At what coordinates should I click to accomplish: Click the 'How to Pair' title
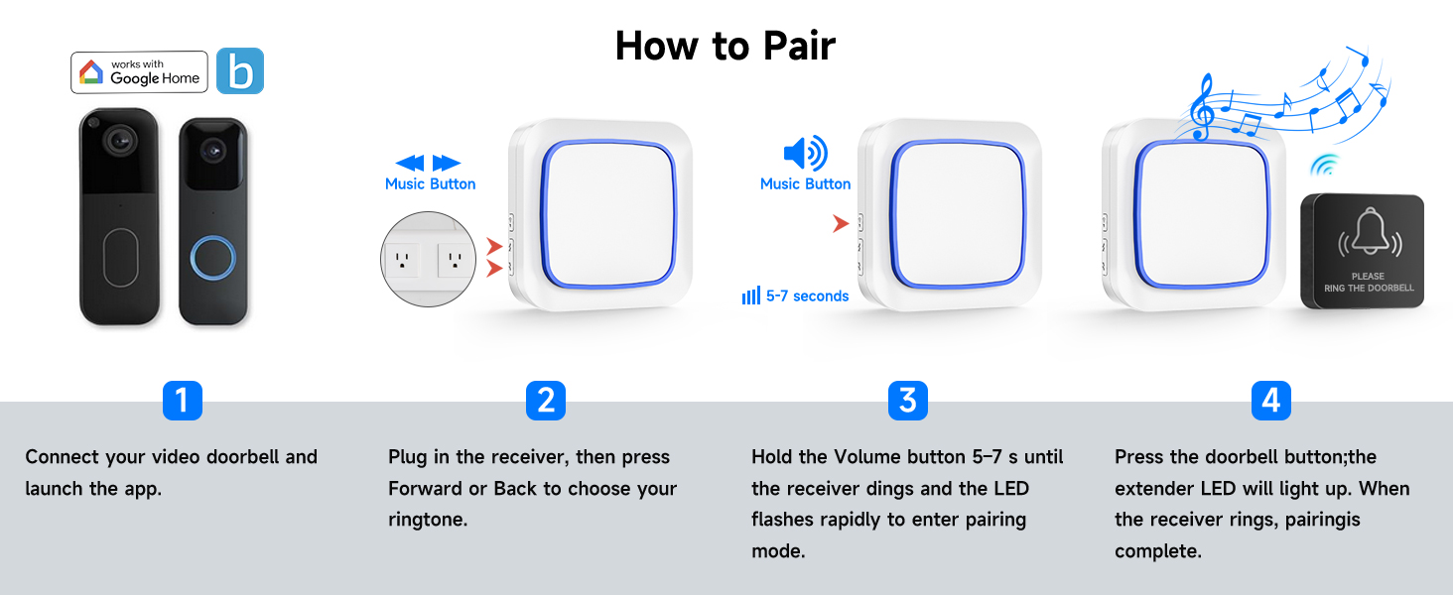coord(726,46)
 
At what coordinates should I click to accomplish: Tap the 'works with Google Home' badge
coord(139,72)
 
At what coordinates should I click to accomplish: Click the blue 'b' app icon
coord(240,71)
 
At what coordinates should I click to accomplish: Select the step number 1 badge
coord(182,401)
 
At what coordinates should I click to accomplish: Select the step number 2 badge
coord(545,401)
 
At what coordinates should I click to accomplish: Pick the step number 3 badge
coord(907,401)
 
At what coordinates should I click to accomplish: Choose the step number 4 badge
coord(1270,401)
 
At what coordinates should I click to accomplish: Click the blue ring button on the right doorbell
coord(212,257)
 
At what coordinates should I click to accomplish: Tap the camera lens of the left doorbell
coord(121,141)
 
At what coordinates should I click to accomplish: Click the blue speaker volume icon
coord(805,153)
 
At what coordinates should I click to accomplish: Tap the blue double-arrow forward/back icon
coord(428,163)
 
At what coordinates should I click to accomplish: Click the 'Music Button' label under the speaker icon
coord(805,184)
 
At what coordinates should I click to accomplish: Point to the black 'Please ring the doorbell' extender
coord(1362,251)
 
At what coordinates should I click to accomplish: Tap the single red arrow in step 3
coord(840,224)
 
